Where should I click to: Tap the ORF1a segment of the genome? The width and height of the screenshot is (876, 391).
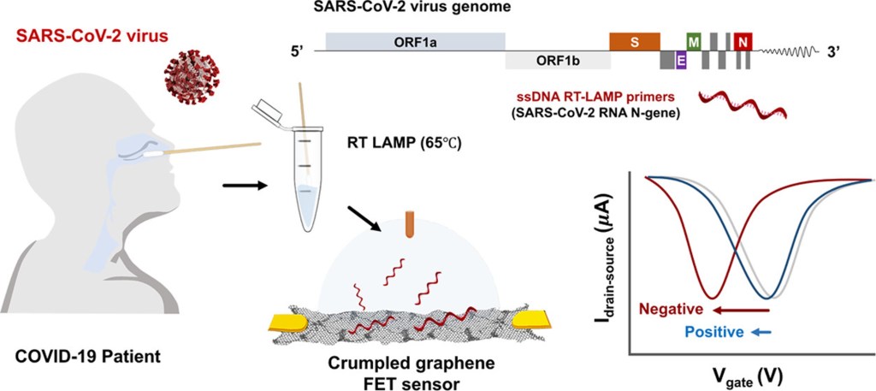[415, 42]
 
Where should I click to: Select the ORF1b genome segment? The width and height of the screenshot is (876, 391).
[557, 61]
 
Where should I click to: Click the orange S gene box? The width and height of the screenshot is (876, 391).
[634, 41]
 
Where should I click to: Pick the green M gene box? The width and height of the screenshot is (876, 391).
[695, 42]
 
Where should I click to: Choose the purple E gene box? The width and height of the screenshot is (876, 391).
[681, 61]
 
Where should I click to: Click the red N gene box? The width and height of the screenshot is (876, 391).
[743, 42]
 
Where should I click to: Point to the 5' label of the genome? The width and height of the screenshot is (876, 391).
[298, 50]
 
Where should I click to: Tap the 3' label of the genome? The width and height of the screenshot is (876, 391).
[835, 50]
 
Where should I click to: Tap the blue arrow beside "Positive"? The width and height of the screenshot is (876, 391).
[761, 332]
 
